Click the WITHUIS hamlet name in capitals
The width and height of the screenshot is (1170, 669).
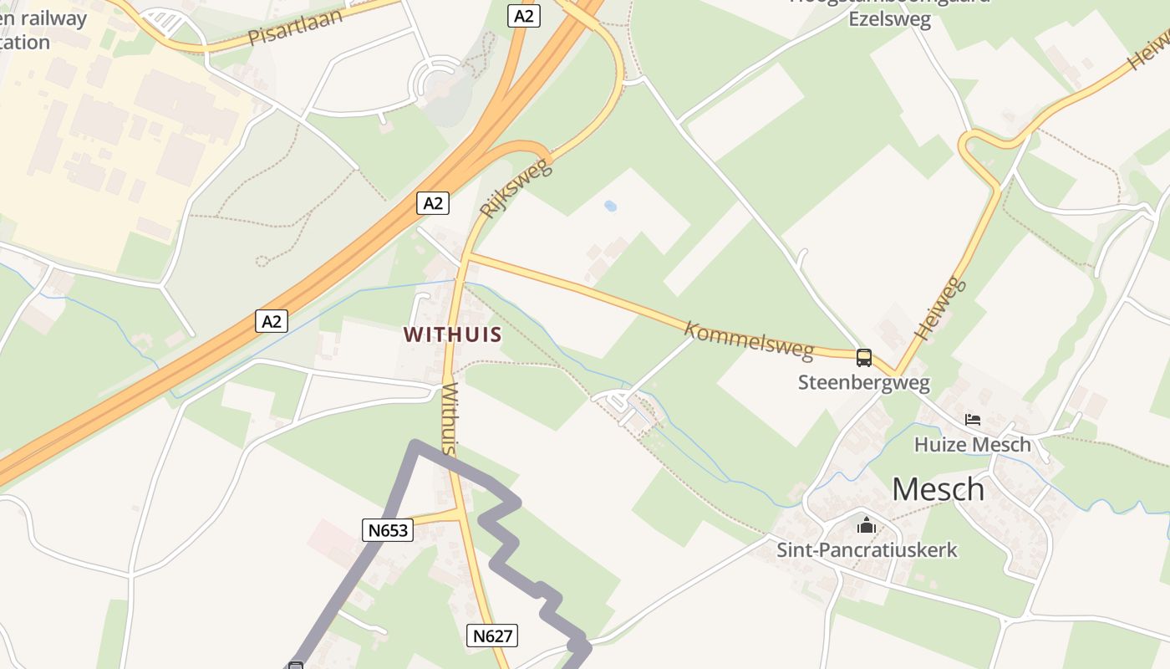[453, 335]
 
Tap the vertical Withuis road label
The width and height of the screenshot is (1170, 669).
[450, 419]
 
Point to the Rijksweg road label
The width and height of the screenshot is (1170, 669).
[516, 188]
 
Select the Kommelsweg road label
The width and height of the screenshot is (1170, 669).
[749, 340]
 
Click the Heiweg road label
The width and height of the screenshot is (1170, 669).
[940, 308]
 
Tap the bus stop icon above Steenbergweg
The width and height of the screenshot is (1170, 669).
[864, 358]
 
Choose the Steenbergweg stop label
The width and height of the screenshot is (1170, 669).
[863, 383]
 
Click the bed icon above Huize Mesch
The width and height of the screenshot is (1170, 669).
[972, 420]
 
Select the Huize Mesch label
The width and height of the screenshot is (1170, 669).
[972, 444]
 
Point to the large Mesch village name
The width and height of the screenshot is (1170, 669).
[938, 489]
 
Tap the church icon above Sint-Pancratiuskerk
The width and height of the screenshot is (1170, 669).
[867, 526]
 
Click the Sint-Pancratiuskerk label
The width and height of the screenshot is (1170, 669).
[867, 550]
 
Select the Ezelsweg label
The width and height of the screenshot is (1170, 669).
[889, 19]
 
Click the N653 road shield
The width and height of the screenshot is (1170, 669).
[388, 529]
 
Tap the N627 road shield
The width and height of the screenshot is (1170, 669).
[492, 636]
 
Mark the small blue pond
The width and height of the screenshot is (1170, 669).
[611, 206]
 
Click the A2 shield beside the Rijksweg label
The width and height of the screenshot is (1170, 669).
[433, 202]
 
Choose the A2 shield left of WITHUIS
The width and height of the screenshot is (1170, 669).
[272, 320]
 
